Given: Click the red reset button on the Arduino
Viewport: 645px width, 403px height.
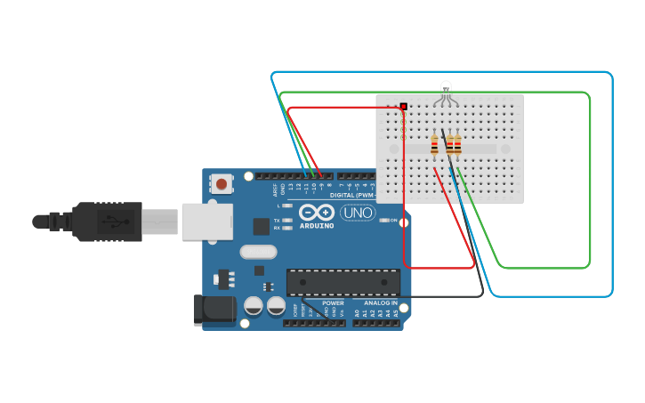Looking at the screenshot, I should [221, 184].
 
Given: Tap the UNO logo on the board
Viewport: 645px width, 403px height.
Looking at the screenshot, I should [358, 213].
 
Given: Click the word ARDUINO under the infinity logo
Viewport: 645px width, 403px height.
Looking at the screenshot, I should [317, 225].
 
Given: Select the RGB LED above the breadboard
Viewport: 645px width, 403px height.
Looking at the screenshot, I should [447, 88].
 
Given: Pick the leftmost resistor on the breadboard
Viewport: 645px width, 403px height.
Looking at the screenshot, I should [434, 144].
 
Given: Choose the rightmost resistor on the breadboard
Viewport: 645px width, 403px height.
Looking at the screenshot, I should [457, 144].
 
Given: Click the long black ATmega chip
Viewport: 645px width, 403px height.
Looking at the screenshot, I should [343, 282].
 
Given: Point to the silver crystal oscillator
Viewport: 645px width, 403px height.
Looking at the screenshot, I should [258, 252].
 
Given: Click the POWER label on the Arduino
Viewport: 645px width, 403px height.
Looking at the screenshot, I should [333, 303].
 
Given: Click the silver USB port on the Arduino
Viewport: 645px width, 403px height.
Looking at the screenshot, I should [207, 222].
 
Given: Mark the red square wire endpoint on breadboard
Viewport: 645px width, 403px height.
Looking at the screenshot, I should [404, 107].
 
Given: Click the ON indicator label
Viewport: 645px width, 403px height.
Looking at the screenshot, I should [393, 220].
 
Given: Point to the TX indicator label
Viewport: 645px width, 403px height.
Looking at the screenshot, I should [277, 220].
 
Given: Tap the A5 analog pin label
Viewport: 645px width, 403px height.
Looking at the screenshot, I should [396, 314].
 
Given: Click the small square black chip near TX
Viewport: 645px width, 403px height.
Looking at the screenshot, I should [262, 226].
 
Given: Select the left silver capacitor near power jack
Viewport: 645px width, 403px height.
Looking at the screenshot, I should [253, 306].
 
